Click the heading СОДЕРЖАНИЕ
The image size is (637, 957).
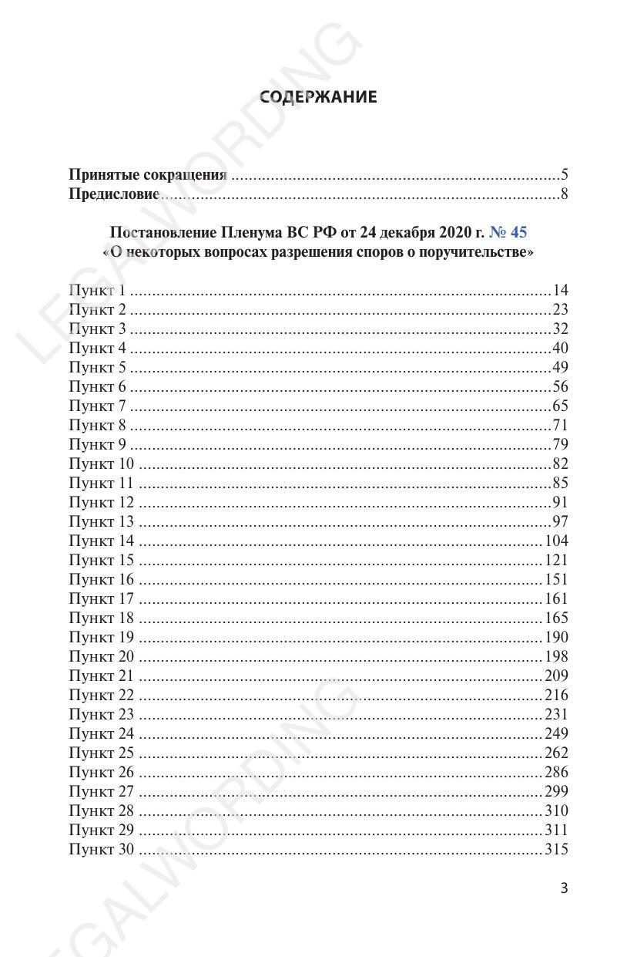coord(318,97)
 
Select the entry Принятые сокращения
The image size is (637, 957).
coord(148,175)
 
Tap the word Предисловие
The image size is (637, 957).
coord(114,194)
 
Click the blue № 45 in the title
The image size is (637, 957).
coord(508,232)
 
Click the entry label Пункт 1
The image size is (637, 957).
coord(97,291)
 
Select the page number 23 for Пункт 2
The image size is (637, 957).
coord(560,310)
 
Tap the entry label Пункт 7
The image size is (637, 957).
coord(97,406)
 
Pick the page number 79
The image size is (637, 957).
coord(560,445)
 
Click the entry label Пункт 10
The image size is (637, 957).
coord(101,464)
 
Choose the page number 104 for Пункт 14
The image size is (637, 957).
coord(556,541)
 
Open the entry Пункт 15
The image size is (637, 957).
coord(101,561)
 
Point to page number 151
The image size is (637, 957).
coord(556,580)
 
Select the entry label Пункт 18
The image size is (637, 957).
coord(101,618)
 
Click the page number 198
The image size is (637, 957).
coord(556,657)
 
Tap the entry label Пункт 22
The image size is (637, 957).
coord(101,696)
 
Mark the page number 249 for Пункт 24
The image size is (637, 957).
coord(556,734)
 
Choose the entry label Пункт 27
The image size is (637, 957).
coord(101,792)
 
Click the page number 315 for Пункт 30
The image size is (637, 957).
coord(556,850)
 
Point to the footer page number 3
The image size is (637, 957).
coord(564,888)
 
